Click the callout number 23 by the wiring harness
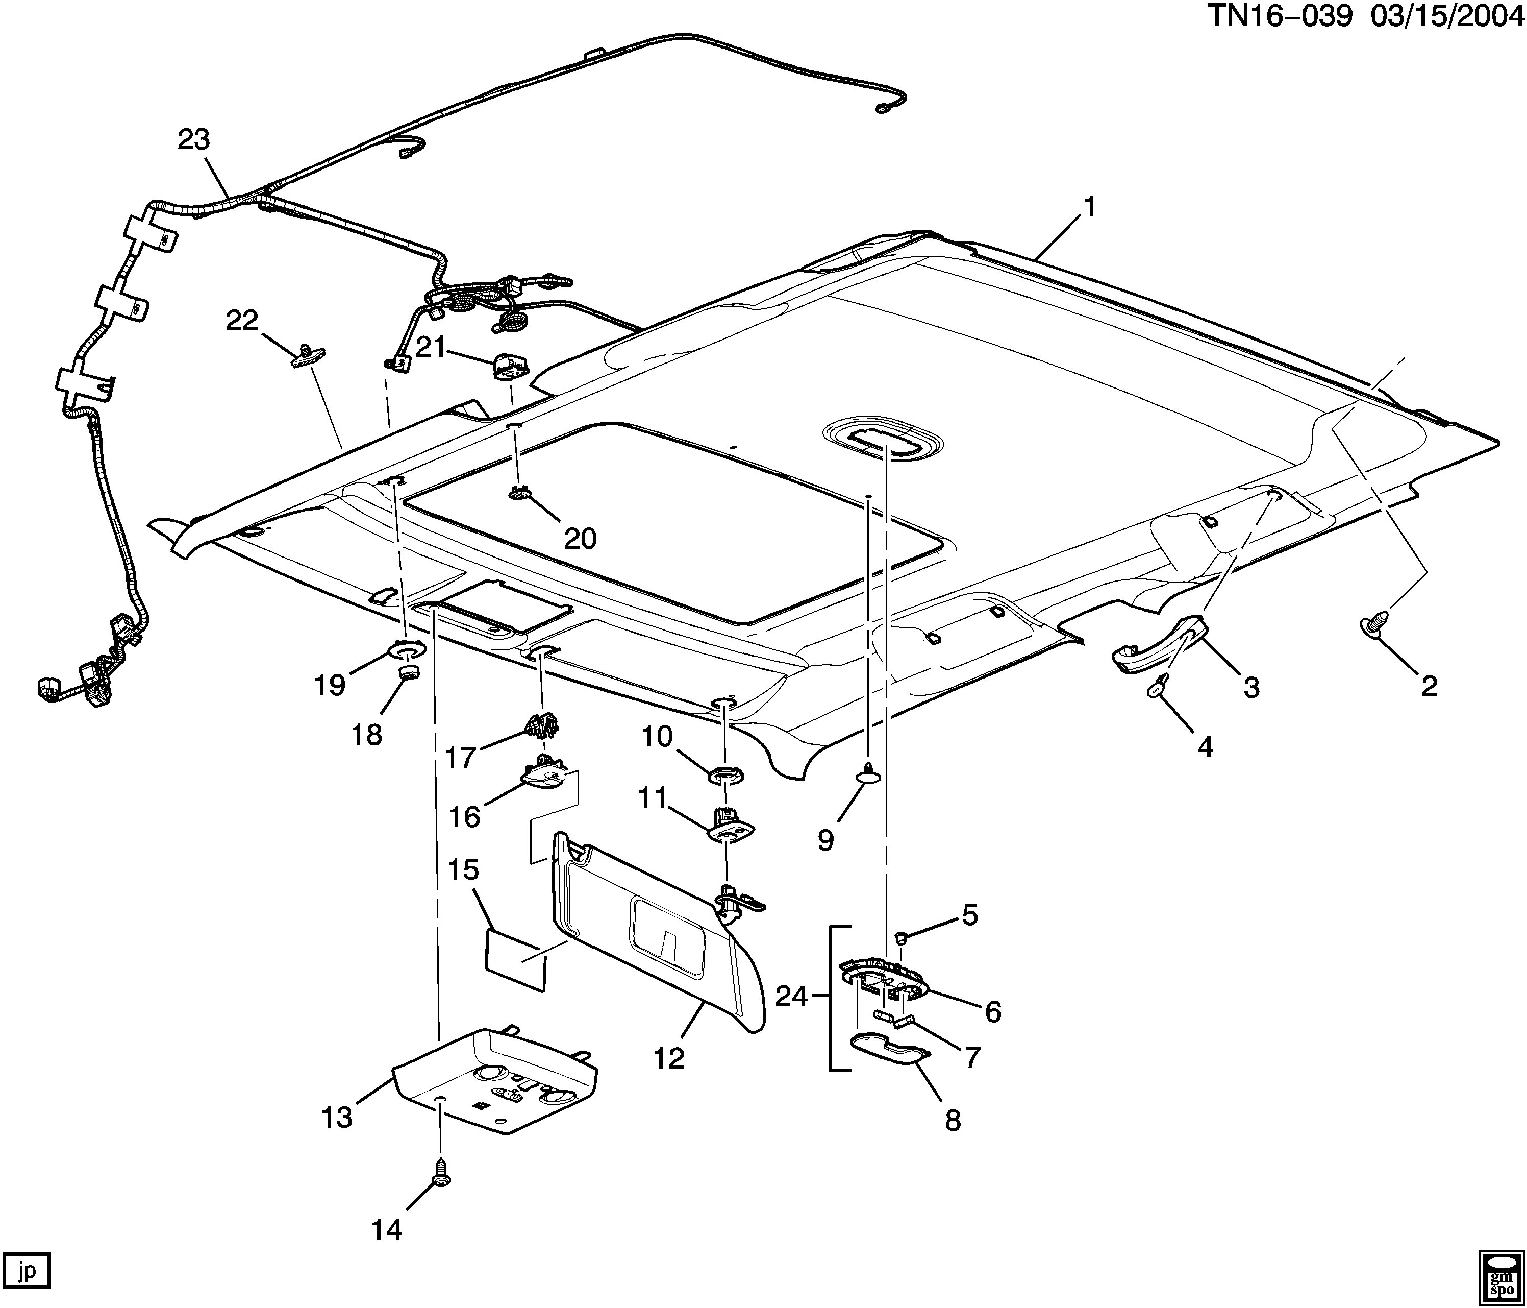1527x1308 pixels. tap(194, 139)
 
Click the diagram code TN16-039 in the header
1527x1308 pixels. tap(1280, 16)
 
